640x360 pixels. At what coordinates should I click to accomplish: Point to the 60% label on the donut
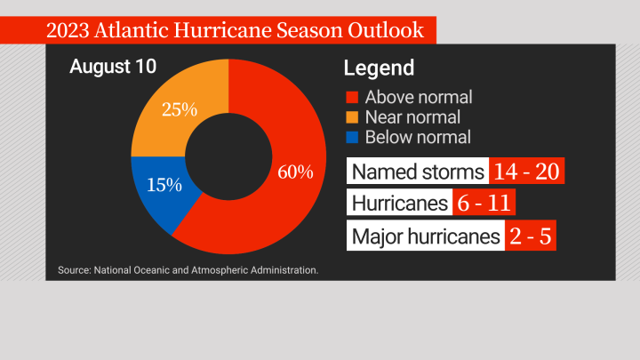tap(295, 172)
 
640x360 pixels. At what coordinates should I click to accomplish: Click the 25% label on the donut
tap(179, 111)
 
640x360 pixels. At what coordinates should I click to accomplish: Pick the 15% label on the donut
tap(164, 185)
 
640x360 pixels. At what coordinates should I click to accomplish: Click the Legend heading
tap(379, 68)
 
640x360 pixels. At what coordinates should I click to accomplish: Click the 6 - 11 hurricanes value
tap(484, 204)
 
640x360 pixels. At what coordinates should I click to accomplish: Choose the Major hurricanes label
tap(425, 236)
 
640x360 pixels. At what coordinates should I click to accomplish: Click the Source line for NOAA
tap(188, 268)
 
